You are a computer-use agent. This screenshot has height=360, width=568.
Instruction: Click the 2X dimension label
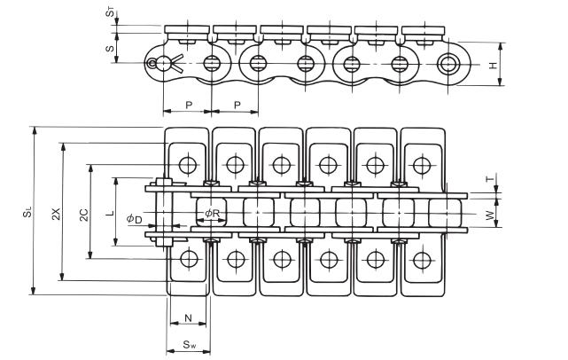point(55,213)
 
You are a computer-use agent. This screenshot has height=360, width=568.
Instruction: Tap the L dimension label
point(109,214)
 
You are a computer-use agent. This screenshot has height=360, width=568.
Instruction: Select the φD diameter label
point(134,218)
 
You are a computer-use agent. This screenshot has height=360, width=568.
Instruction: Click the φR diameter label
point(212,214)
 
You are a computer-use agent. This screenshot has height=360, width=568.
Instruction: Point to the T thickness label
point(489,178)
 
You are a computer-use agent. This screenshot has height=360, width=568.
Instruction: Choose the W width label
point(489,215)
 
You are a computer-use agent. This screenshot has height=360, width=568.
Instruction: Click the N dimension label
point(187,317)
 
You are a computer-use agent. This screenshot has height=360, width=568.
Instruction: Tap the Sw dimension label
point(189,344)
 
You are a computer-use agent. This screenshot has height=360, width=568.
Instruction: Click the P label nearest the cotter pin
point(188,105)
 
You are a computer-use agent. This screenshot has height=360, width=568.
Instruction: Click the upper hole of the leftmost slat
point(188,165)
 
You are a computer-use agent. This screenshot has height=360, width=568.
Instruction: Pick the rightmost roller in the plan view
point(446,214)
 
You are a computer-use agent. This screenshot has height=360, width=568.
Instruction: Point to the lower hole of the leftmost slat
point(188,259)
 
